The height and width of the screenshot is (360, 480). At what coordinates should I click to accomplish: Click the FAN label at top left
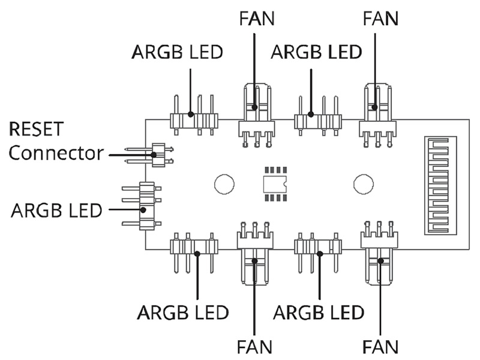[x=257, y=19]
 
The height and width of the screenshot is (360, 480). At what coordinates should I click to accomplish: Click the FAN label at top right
[x=380, y=19]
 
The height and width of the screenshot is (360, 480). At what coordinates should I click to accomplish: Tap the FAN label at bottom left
[x=254, y=347]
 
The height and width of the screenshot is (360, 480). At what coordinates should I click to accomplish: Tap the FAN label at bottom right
[x=380, y=347]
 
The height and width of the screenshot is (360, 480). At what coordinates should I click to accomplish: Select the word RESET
[x=37, y=129]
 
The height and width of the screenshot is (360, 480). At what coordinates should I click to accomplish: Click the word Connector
[x=56, y=153]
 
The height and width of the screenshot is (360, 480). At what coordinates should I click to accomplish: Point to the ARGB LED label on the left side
[x=56, y=211]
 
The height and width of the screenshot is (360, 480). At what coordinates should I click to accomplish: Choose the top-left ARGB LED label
[x=177, y=52]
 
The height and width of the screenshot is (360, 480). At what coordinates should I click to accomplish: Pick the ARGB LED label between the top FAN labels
[x=316, y=52]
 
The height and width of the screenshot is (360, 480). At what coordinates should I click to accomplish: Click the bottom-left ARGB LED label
[x=183, y=313]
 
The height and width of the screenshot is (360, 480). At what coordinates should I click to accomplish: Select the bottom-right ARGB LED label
[x=319, y=313]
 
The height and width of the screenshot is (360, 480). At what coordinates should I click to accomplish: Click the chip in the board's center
[x=275, y=184]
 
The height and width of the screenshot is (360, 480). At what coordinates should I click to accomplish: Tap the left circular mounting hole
[x=224, y=184]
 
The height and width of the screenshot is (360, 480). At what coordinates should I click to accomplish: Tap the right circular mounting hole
[x=364, y=184]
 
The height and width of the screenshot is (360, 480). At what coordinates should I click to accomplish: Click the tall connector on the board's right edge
[x=440, y=185]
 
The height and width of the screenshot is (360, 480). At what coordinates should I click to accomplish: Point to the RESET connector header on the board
[x=158, y=155]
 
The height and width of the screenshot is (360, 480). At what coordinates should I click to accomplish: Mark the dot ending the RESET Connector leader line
[x=154, y=155]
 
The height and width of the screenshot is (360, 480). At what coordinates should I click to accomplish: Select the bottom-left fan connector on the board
[x=254, y=253]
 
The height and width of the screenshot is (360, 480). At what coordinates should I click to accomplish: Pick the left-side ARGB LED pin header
[x=143, y=206]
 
